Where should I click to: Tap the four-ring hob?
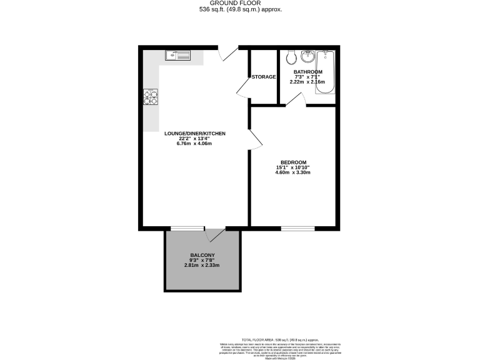coord(151,97)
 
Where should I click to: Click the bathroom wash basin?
coord(307,57)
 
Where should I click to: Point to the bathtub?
coord(326,72)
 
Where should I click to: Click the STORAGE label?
coord(264,77)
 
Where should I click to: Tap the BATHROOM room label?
coord(308,72)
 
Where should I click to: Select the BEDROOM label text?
coord(292,162)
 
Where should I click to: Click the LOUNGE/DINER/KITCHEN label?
coord(194,134)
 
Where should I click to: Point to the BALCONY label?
coord(202,255)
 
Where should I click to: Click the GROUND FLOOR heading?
coord(239,4)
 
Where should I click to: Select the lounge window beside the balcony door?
coord(187,229)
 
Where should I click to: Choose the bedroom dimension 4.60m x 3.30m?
coord(292,172)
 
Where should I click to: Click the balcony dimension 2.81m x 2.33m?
coord(202,266)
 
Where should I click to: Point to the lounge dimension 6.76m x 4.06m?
coord(194,144)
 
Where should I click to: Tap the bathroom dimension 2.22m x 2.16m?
coord(309,82)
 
